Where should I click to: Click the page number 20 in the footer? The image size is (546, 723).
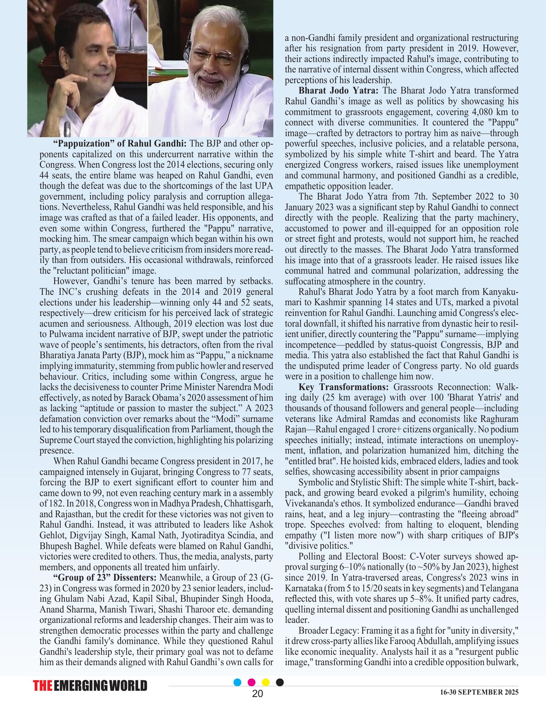coord(258,694)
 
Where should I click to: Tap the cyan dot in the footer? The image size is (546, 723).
coord(237,682)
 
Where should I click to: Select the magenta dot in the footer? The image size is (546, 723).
coord(252,682)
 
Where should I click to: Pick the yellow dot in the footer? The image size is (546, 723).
coord(266,682)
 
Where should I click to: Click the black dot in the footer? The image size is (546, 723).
coord(279,682)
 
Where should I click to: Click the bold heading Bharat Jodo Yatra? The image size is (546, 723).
coord(338,91)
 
